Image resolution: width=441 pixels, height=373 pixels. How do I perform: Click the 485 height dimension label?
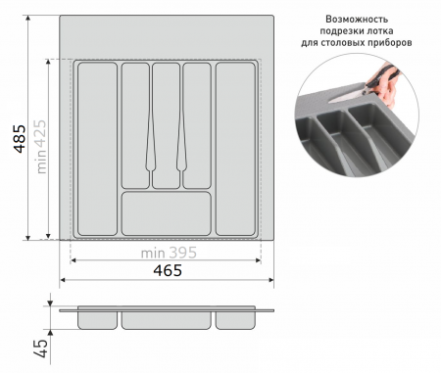[x=20, y=138]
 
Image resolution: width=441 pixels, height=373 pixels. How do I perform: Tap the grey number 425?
[x=41, y=132]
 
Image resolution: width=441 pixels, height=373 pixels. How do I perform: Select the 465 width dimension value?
[x=168, y=270]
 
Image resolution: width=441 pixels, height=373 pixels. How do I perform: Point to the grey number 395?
[x=183, y=253]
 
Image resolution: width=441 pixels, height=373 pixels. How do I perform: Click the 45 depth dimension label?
[x=42, y=349]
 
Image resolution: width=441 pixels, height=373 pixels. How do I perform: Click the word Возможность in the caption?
[x=357, y=20]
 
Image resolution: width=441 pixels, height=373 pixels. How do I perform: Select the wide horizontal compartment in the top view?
[x=167, y=213]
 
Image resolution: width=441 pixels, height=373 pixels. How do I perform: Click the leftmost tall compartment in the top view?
[x=97, y=149]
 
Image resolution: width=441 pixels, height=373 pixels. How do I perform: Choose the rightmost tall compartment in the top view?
[x=235, y=149]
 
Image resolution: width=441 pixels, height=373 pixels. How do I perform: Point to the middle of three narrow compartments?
[x=166, y=125]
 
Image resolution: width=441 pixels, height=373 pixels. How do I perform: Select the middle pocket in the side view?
[x=167, y=320]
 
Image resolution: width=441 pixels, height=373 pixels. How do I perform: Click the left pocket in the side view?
[x=97, y=320]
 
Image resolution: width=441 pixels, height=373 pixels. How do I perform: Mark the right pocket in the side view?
[x=235, y=320]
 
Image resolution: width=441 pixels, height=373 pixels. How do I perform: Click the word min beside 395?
[x=153, y=254]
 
